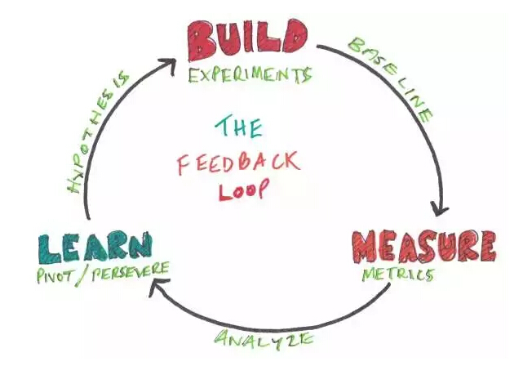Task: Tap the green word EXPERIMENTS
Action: (x=250, y=76)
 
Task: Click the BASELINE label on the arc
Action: (x=391, y=78)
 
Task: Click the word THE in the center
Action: (x=238, y=126)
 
